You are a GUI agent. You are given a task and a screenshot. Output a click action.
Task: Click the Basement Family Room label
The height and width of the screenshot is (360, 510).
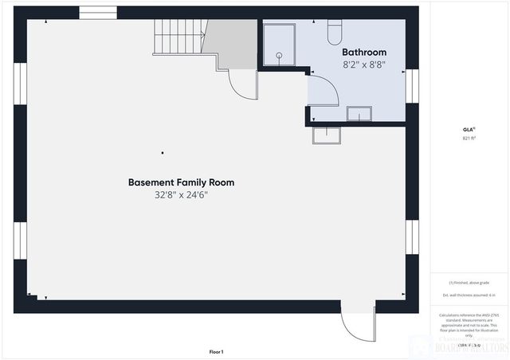(181, 182)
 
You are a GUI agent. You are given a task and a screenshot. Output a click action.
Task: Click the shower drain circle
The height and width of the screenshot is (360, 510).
(280, 56)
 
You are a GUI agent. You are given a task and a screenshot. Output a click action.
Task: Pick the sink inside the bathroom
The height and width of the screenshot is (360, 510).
(359, 115)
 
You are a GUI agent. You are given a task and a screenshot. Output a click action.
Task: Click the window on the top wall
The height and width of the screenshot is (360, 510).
(98, 13)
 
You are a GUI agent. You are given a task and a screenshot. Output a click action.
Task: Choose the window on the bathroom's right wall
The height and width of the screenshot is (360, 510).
(412, 86)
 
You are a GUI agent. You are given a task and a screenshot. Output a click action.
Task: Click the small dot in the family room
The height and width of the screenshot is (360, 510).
(163, 152)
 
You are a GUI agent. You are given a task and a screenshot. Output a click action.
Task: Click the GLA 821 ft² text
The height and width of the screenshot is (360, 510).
(469, 133)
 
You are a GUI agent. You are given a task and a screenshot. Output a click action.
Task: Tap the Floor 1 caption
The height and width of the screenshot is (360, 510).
(216, 351)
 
